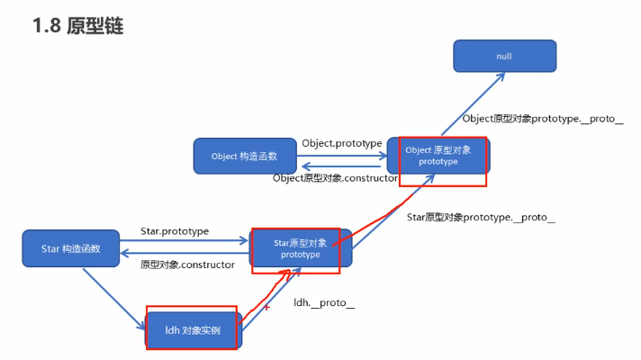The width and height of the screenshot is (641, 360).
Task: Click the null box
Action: click(x=505, y=56)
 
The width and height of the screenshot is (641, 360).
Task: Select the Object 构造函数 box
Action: click(x=245, y=156)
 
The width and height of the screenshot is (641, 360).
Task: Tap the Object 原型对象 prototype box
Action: click(x=438, y=156)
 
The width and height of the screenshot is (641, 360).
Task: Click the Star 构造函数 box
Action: click(x=71, y=248)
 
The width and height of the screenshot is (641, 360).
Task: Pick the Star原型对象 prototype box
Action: click(x=301, y=248)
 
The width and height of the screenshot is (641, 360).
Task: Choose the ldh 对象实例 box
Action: click(x=194, y=330)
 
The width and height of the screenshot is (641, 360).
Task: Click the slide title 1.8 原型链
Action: click(x=77, y=26)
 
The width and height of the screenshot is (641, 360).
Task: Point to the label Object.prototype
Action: click(x=342, y=143)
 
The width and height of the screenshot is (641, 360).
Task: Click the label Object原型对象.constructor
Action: click(x=335, y=178)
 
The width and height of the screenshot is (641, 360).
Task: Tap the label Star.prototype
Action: click(x=175, y=231)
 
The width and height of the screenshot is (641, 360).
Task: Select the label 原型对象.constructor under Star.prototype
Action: click(x=187, y=265)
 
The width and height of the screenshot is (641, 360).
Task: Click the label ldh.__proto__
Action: click(x=324, y=302)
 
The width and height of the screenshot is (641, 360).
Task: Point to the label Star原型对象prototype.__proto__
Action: click(x=481, y=218)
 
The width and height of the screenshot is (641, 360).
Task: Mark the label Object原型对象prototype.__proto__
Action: click(x=543, y=119)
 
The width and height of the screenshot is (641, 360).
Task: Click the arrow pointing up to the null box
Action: click(x=473, y=103)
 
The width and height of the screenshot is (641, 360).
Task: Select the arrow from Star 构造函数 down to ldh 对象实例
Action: click(x=114, y=299)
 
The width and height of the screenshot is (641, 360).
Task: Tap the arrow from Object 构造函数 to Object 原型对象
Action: click(x=342, y=156)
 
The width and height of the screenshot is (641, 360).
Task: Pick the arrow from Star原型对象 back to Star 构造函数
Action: click(x=185, y=253)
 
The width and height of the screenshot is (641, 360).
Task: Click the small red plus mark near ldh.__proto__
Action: click(x=266, y=307)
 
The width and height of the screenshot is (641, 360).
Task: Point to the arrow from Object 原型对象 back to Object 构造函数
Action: click(x=341, y=166)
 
